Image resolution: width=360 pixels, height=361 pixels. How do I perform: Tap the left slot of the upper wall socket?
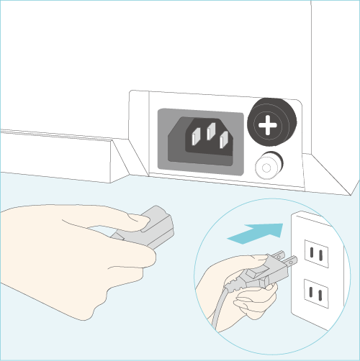coord(310,252)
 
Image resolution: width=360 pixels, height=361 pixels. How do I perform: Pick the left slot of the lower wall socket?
coord(310,293)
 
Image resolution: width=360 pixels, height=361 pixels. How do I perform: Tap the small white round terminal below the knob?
coord(267,167)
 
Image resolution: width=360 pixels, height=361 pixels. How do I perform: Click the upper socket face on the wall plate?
coord(315,252)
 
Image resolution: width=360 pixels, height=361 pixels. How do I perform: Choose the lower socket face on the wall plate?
coord(315,293)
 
